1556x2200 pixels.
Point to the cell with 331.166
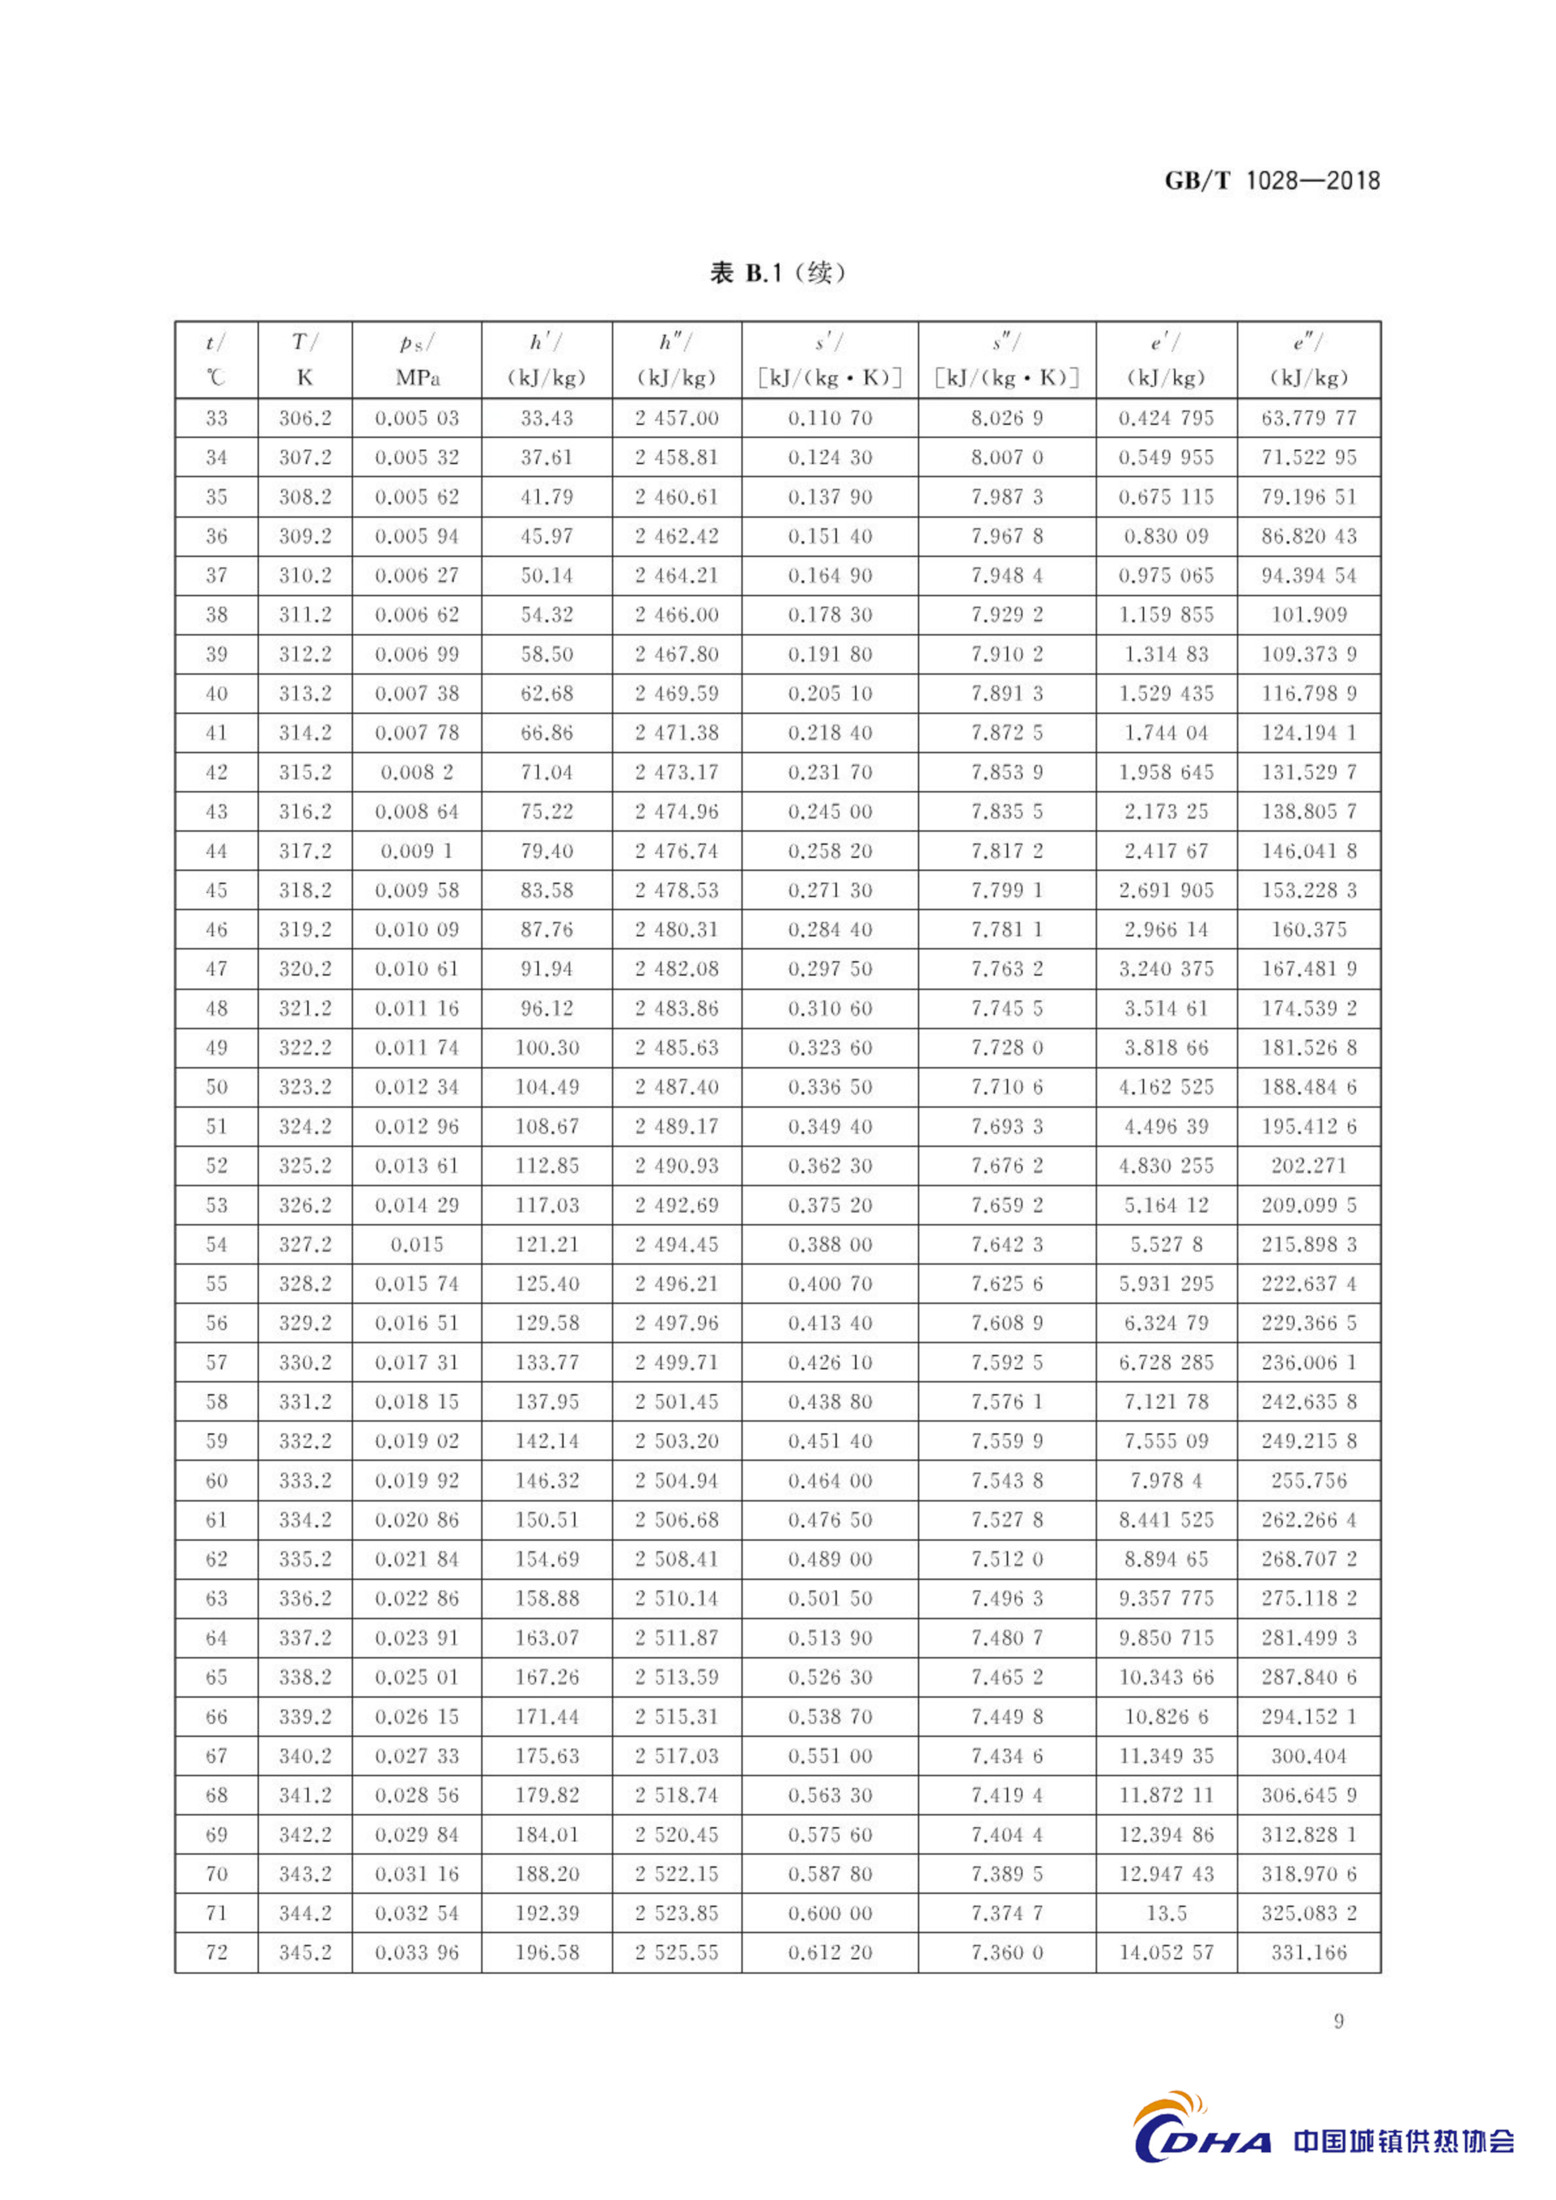tap(1309, 1953)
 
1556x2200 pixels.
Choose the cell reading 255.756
tap(1309, 1480)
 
